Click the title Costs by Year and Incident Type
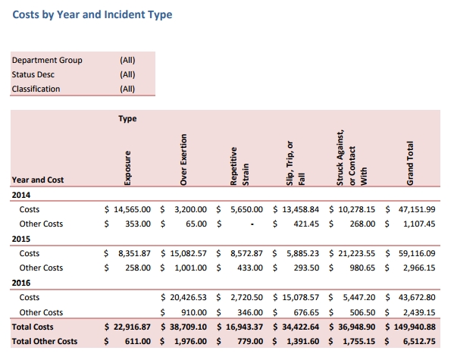click(x=92, y=14)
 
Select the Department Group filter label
click(x=47, y=60)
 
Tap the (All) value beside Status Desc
click(x=127, y=74)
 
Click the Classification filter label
click(x=36, y=89)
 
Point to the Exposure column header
click(x=127, y=168)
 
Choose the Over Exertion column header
click(x=183, y=160)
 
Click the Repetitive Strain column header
click(x=240, y=166)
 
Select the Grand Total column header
click(x=410, y=163)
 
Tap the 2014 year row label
click(x=21, y=195)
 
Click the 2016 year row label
click(x=21, y=283)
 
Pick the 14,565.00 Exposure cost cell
click(x=132, y=209)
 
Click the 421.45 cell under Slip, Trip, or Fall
click(x=306, y=224)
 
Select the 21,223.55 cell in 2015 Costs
click(x=356, y=253)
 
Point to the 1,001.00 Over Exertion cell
click(x=190, y=268)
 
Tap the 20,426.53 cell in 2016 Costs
click(x=188, y=297)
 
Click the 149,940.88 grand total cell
click(x=415, y=327)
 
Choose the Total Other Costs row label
click(x=45, y=342)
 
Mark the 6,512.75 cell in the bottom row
click(x=419, y=342)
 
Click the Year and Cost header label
click(x=38, y=180)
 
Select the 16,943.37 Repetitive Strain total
click(x=244, y=327)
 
